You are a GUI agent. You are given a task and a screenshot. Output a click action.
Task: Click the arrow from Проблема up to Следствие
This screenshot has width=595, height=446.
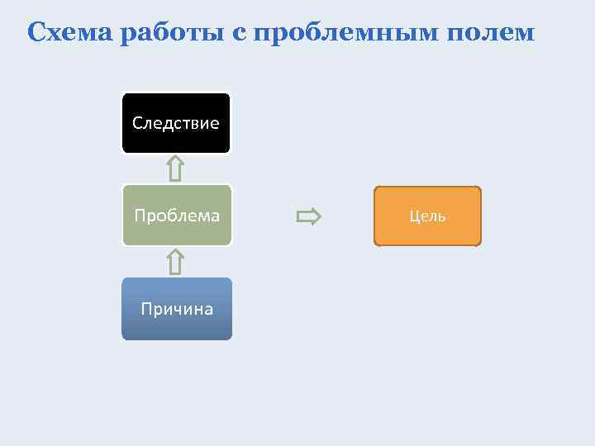pyautogui.click(x=175, y=169)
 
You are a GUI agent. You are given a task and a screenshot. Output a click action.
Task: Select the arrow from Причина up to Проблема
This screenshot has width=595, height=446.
pyautogui.click(x=175, y=262)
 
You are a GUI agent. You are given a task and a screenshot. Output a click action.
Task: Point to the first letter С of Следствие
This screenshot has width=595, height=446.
pyautogui.click(x=136, y=124)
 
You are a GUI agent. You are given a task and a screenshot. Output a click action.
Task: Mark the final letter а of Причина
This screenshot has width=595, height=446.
pyautogui.click(x=208, y=310)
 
